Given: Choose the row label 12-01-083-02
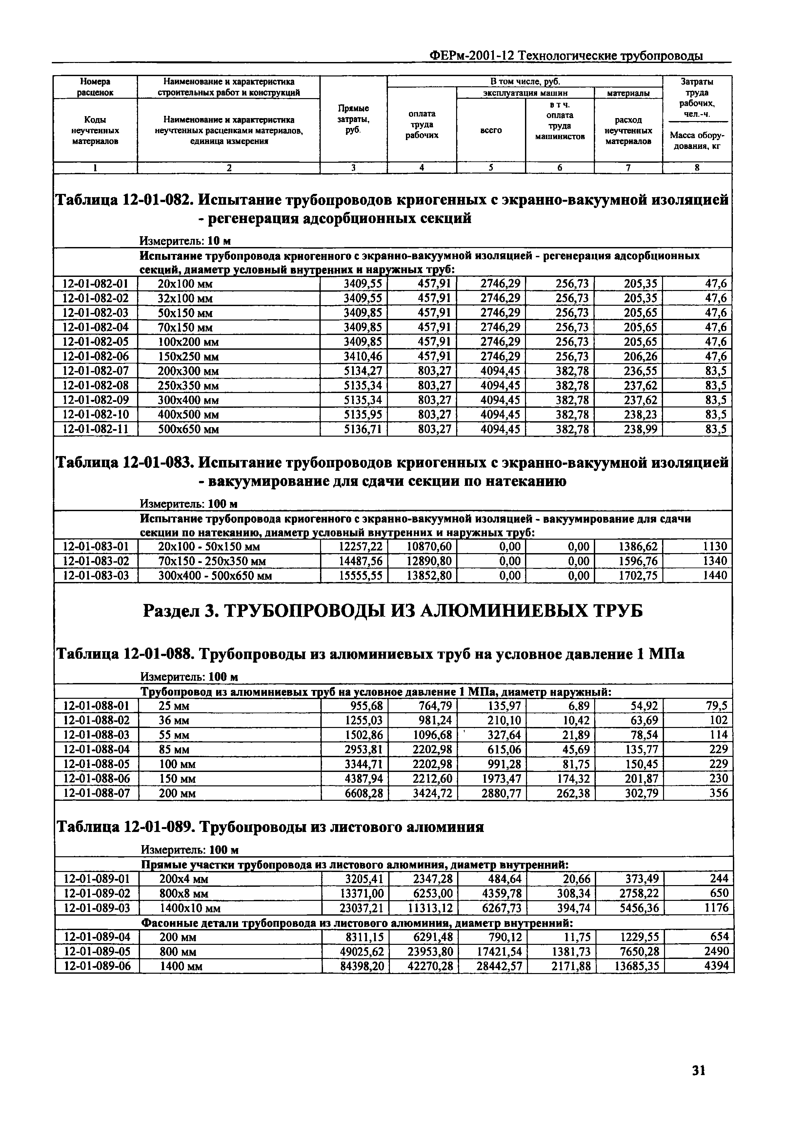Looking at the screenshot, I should tap(96, 560).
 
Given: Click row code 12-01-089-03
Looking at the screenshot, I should tap(97, 908).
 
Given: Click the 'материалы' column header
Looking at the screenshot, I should tap(628, 92).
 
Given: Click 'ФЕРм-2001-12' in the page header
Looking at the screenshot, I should tap(471, 56).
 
